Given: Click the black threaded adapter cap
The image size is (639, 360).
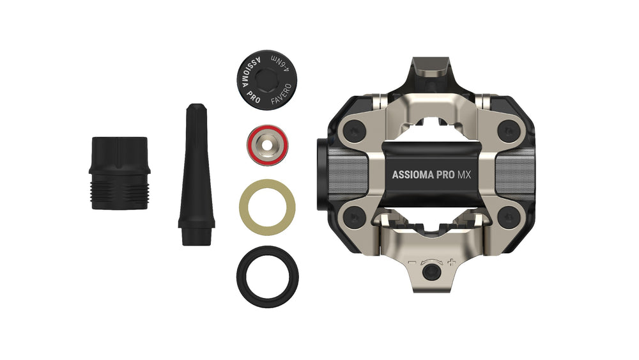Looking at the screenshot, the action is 119,173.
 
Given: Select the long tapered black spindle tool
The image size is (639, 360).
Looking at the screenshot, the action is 196,175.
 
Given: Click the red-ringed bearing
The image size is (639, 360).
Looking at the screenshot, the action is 267,145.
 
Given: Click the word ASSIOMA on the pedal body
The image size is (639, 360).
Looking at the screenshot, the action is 412,175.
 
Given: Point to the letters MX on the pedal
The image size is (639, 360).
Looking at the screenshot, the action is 464,175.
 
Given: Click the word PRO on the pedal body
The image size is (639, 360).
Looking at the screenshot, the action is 445,175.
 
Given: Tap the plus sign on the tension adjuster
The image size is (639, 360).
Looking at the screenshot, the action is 451,262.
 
